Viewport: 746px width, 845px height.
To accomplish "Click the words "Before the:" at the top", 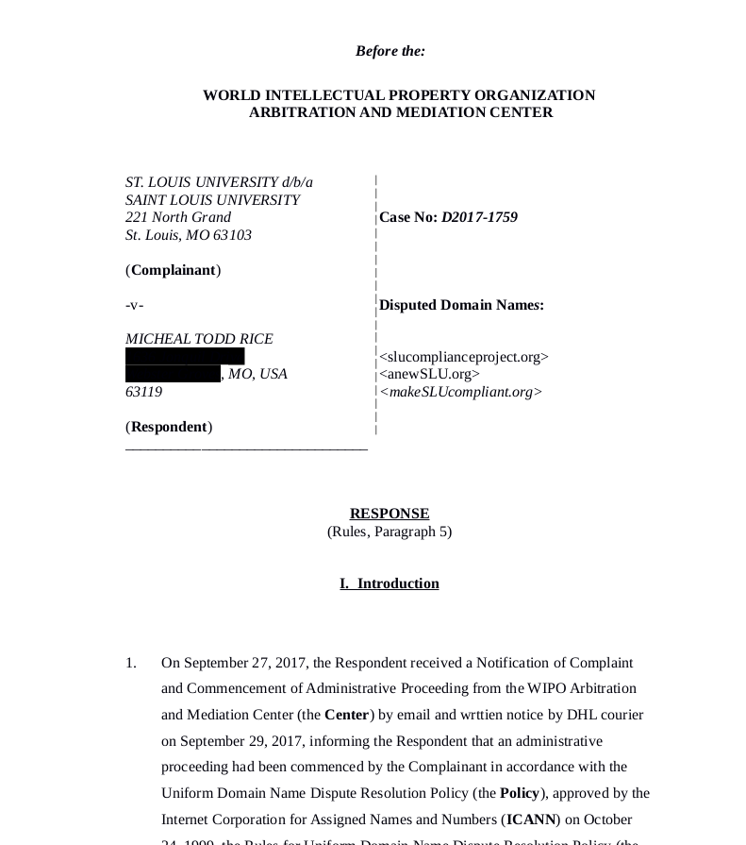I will coord(390,51).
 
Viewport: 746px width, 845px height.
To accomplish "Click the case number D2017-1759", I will coord(479,217).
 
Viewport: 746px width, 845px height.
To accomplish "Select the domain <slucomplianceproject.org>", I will coord(463,357).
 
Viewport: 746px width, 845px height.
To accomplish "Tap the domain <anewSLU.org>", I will coord(429,374).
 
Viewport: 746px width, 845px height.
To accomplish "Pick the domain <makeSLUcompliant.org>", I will coord(460,392).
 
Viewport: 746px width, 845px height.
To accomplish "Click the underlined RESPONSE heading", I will coord(390,514).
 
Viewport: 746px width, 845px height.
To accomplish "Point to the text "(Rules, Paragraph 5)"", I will coord(390,532).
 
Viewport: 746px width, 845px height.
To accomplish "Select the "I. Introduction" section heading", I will coord(390,583).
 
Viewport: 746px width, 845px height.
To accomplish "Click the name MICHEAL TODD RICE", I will coord(199,339).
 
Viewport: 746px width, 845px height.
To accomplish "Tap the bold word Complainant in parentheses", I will coord(174,270).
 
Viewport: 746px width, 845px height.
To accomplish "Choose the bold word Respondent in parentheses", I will coord(170,427).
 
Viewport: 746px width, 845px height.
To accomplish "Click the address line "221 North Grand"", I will coord(178,217).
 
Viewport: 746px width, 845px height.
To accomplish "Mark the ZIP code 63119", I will coord(143,392).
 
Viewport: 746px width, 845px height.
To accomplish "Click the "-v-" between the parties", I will coord(135,305).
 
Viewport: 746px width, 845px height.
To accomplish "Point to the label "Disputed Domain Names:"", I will coord(461,305).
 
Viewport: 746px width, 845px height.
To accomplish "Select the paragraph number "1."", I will coord(131,663).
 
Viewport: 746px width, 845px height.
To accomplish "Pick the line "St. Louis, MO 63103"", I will coord(189,235).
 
